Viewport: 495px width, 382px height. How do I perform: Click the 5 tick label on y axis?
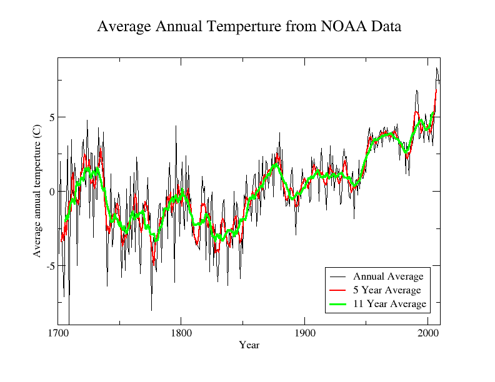click(52, 117)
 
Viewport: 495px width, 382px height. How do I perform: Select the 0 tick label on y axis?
click(52, 192)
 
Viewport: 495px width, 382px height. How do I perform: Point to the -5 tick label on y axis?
click(50, 266)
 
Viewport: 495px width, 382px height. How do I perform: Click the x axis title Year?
click(249, 345)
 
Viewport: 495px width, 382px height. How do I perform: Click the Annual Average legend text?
click(388, 277)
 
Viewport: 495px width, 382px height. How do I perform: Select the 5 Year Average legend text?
click(387, 290)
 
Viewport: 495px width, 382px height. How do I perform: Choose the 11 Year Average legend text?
click(389, 304)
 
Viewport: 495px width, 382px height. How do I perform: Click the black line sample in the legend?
click(338, 277)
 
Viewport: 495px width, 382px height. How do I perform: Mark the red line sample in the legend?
click(338, 290)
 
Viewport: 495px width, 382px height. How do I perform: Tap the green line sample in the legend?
click(338, 304)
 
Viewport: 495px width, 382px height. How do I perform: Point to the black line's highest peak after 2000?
click(436, 67)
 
